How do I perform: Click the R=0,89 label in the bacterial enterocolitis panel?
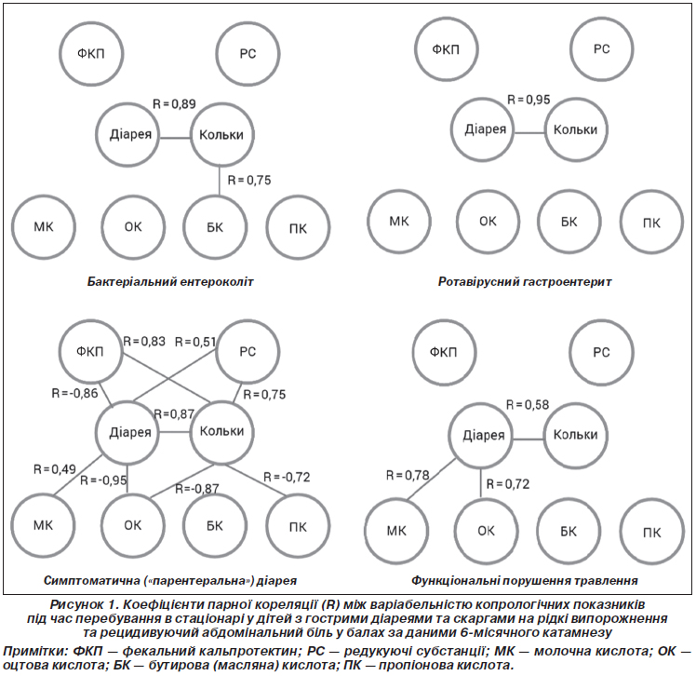pyautogui.click(x=174, y=104)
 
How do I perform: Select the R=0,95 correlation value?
pyautogui.click(x=529, y=100)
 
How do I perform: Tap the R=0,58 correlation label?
pyautogui.click(x=528, y=405)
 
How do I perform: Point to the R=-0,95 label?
pyautogui.click(x=103, y=480)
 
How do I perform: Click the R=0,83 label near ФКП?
pyautogui.click(x=144, y=341)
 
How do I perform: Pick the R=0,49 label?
pyautogui.click(x=55, y=469)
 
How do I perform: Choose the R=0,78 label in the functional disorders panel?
pyautogui.click(x=408, y=475)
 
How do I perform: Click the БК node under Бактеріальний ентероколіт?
pyautogui.click(x=215, y=227)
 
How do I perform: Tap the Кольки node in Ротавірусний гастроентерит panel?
pyautogui.click(x=576, y=129)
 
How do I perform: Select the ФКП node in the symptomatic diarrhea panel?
pyautogui.click(x=90, y=352)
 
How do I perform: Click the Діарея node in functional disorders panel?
pyautogui.click(x=481, y=435)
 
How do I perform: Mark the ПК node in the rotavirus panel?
pyautogui.click(x=651, y=223)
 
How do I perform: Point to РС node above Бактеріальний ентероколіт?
pyautogui.click(x=248, y=54)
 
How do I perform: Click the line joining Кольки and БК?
pyautogui.click(x=220, y=181)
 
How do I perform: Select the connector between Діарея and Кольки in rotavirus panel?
pyautogui.click(x=529, y=133)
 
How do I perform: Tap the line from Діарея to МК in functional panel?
pyautogui.click(x=432, y=479)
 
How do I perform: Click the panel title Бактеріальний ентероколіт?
pyautogui.click(x=170, y=281)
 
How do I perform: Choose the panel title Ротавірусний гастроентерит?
pyautogui.click(x=525, y=281)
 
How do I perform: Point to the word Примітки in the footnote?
pyautogui.click(x=35, y=651)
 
